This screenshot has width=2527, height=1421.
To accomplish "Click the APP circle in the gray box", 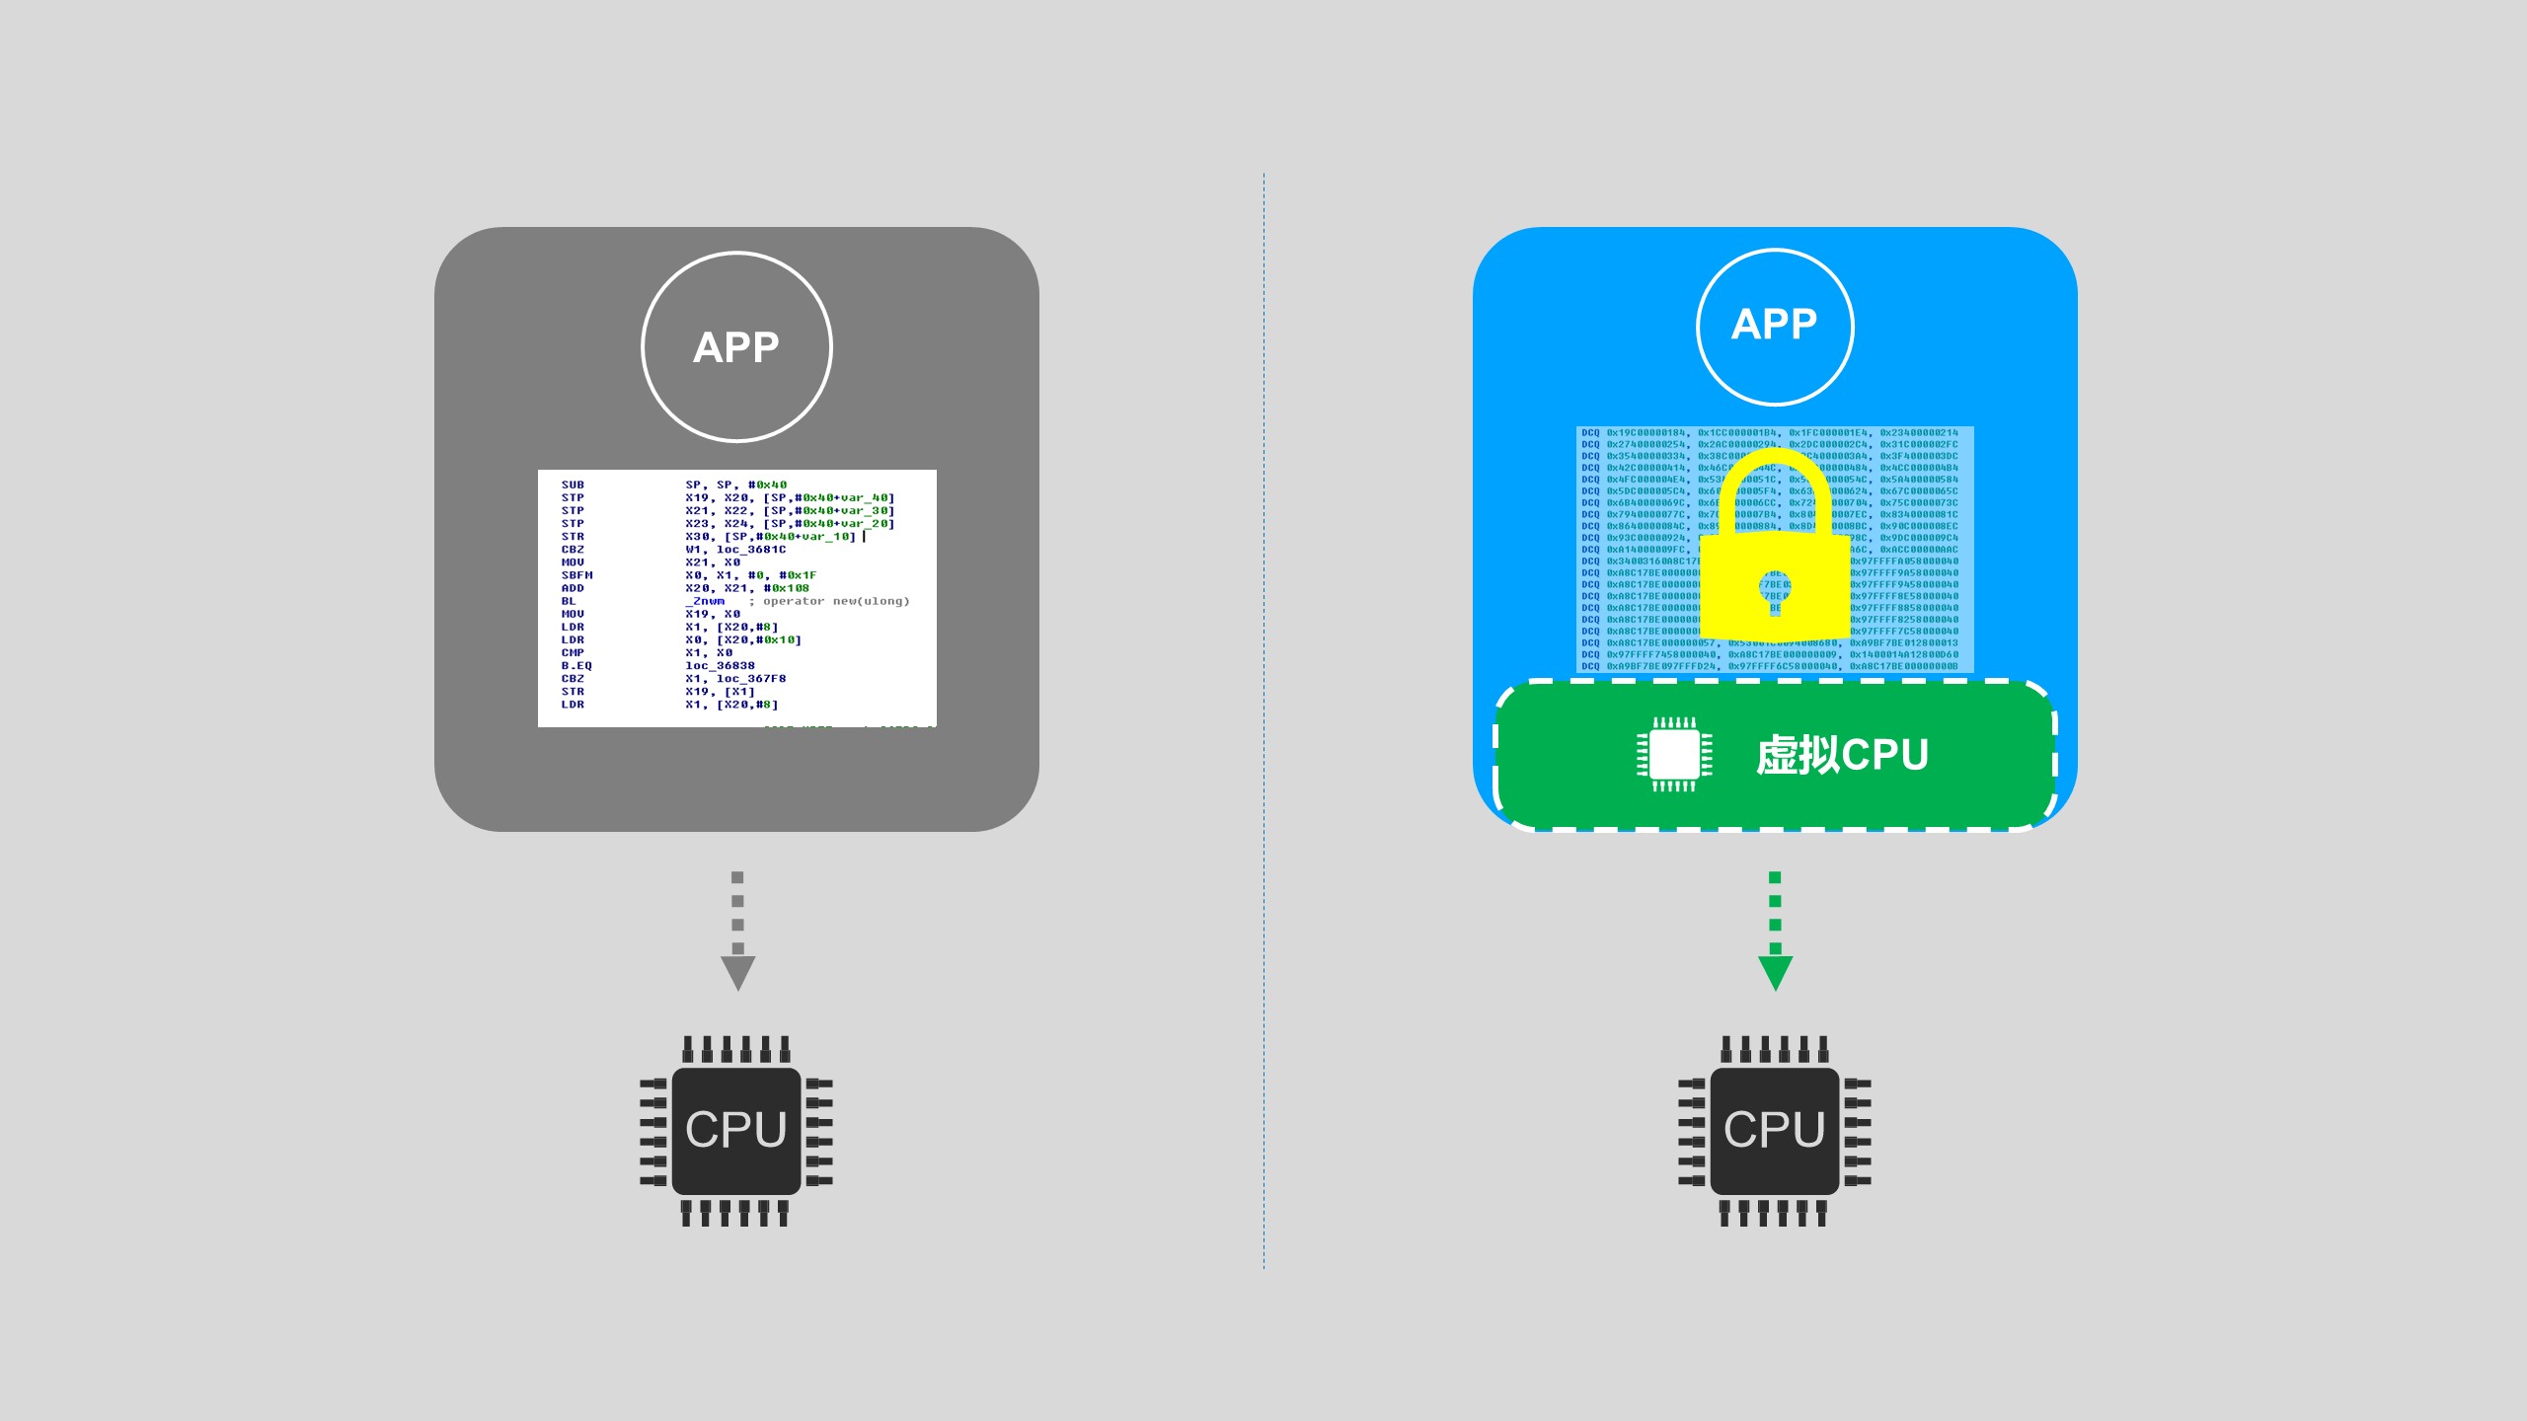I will tap(736, 347).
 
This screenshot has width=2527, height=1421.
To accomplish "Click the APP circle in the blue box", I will tap(1775, 326).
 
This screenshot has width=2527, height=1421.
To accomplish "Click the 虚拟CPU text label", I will tap(1842, 755).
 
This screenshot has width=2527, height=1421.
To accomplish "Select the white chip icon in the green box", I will tap(1675, 755).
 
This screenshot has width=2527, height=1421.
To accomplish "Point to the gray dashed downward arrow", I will tap(737, 933).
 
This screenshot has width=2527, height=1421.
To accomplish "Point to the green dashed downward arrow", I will tap(1775, 933).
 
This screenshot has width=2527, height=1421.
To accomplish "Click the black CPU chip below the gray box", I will tap(736, 1130).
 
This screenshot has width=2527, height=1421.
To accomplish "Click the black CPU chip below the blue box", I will tap(1775, 1130).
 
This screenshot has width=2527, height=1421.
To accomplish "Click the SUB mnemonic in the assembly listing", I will tap(573, 485).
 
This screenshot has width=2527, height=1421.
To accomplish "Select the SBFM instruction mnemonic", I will tap(576, 575).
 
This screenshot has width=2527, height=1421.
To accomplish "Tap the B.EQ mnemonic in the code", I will tap(576, 666).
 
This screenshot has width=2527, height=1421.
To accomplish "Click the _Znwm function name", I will tap(708, 601).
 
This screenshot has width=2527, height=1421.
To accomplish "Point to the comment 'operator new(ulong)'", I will tap(835, 601).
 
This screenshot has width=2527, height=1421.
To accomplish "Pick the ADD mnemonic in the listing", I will tap(573, 588).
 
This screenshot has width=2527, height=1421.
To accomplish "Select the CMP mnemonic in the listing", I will tap(573, 653).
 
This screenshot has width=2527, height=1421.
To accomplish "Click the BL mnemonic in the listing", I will tap(569, 601).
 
